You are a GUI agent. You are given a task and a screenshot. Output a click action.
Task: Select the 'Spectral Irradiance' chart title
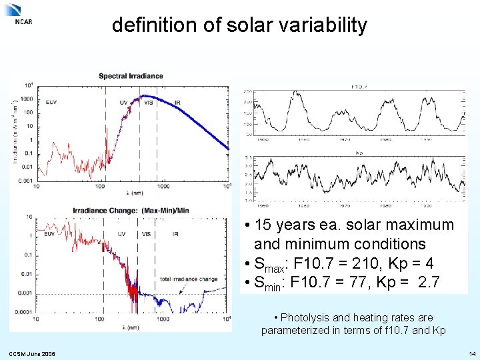pos(131,76)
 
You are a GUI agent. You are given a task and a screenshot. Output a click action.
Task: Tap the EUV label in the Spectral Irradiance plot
pos(51,102)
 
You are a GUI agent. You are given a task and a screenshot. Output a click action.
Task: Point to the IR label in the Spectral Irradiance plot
pos(177,102)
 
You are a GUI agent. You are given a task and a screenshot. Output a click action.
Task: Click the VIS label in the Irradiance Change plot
pos(147,234)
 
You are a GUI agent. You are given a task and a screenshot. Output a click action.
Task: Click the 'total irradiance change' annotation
pos(189,279)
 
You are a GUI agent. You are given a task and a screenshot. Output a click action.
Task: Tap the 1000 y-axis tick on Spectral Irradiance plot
pos(27,99)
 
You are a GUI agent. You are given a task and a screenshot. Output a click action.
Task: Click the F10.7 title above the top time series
pos(361,87)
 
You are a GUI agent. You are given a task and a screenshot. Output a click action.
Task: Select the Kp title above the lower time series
pos(359,153)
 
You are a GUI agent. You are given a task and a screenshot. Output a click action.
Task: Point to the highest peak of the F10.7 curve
pos(297,93)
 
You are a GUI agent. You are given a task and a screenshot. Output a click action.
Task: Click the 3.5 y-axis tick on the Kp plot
pos(247,158)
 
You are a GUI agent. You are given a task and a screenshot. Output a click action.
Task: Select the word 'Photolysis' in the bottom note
pos(304,317)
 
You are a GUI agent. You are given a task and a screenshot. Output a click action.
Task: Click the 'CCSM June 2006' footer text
pos(33,353)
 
